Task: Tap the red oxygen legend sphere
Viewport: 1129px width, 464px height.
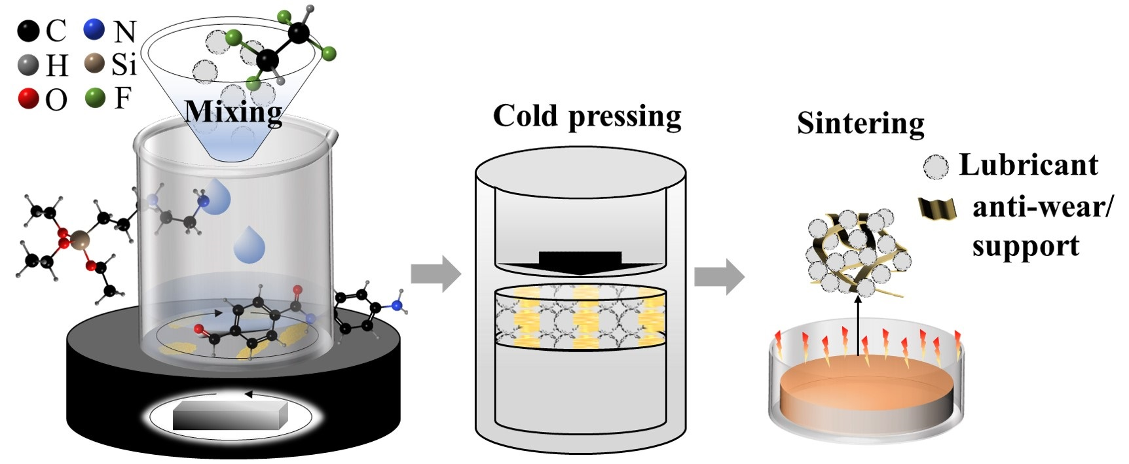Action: [29, 99]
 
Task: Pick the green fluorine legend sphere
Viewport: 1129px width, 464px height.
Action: [95, 98]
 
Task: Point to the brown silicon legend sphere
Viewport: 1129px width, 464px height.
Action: [95, 65]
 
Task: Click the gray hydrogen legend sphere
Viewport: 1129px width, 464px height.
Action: [29, 65]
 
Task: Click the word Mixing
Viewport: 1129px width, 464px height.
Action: [234, 112]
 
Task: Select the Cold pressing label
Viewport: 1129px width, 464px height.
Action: [587, 116]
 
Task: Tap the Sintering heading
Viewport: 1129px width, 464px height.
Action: [860, 123]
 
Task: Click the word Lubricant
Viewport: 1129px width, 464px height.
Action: [1028, 164]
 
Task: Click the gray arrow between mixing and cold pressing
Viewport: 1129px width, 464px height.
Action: [435, 274]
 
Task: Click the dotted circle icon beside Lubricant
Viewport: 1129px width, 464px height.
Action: [936, 167]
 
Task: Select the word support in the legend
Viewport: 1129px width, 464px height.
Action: [1025, 247]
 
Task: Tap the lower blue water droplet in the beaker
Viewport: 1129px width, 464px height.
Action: [250, 245]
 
